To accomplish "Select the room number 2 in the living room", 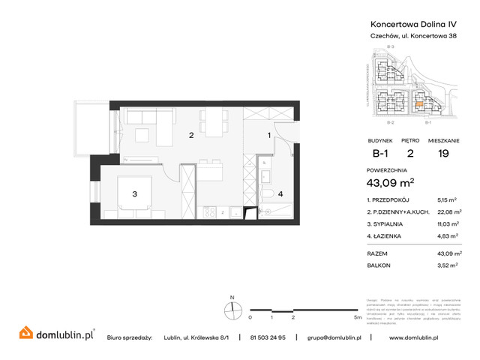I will tap(191, 136).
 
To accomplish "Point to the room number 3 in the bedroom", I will tap(134, 194).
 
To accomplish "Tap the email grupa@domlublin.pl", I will tap(334, 337).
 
